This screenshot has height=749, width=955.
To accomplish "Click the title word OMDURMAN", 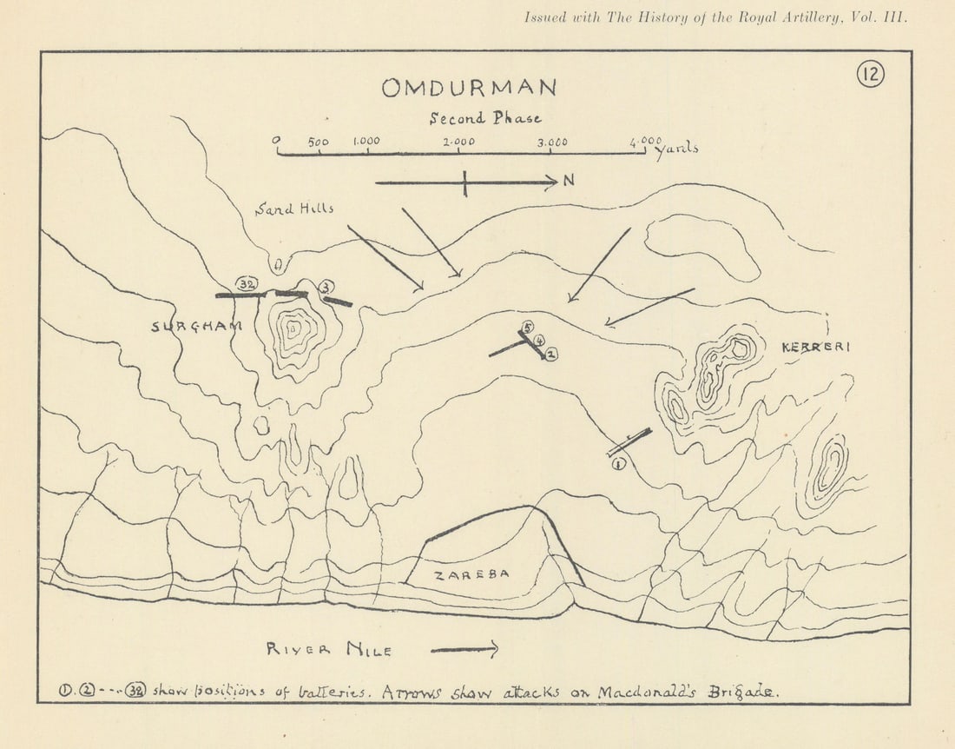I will point(469,88).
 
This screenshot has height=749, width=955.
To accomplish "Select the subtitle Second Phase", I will point(485,118).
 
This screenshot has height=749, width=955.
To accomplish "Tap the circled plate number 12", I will point(870,75).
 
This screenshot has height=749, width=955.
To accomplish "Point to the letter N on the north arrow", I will point(569,181).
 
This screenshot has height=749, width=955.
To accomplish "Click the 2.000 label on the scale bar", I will point(458,142).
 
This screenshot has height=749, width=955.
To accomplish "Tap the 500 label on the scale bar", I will point(318,142).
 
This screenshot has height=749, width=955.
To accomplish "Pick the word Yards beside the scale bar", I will point(676,149).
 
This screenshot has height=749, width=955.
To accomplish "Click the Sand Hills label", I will point(294,209).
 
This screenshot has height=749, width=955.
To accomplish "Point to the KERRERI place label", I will point(816,347).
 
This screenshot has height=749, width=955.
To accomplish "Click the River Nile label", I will point(329,649).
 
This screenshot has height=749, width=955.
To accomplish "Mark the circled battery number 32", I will point(245,284).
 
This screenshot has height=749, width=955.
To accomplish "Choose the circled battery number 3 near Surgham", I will point(326,287).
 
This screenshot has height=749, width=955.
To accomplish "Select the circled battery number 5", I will point(526,328).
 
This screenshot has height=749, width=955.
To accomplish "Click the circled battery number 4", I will point(539,341).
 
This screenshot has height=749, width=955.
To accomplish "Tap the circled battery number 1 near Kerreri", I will point(618,464).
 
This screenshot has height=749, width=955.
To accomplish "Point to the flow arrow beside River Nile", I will point(464,648).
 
